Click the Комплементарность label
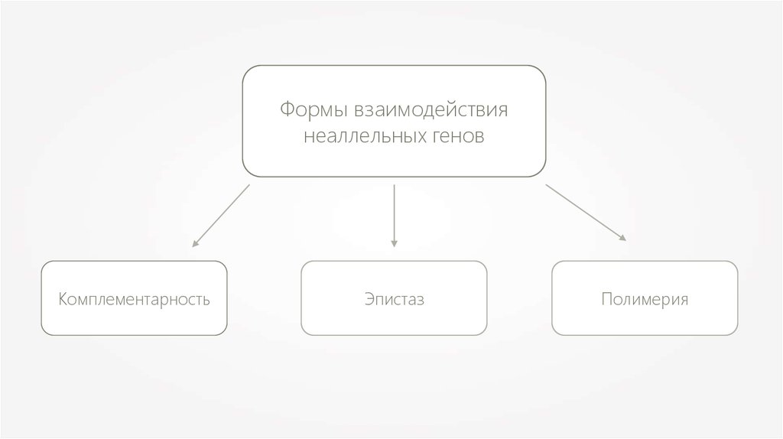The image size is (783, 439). click(x=134, y=298)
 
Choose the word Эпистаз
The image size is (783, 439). click(x=394, y=298)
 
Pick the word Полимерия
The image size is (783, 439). click(x=645, y=298)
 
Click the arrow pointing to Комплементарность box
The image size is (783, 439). click(x=221, y=216)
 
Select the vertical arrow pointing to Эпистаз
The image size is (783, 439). click(x=394, y=214)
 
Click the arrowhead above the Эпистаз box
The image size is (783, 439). click(x=394, y=243)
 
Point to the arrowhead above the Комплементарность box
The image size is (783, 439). click(x=195, y=244)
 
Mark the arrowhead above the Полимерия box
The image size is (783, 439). click(x=622, y=238)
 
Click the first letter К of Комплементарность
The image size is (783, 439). click(x=63, y=298)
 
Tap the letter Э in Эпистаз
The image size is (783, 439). click(x=368, y=298)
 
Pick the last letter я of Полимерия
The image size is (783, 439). click(x=684, y=299)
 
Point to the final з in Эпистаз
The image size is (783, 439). click(x=420, y=299)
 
